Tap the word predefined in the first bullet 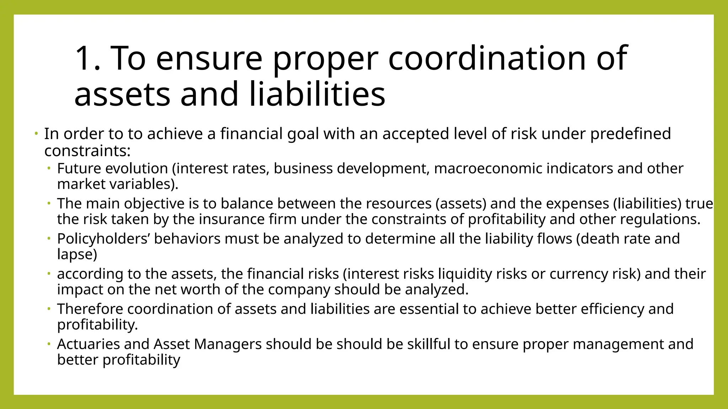(631, 134)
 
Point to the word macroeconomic (488, 168)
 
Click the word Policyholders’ (103, 239)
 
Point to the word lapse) (77, 254)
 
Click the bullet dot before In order (36, 134)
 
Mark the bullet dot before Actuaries (49, 344)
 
